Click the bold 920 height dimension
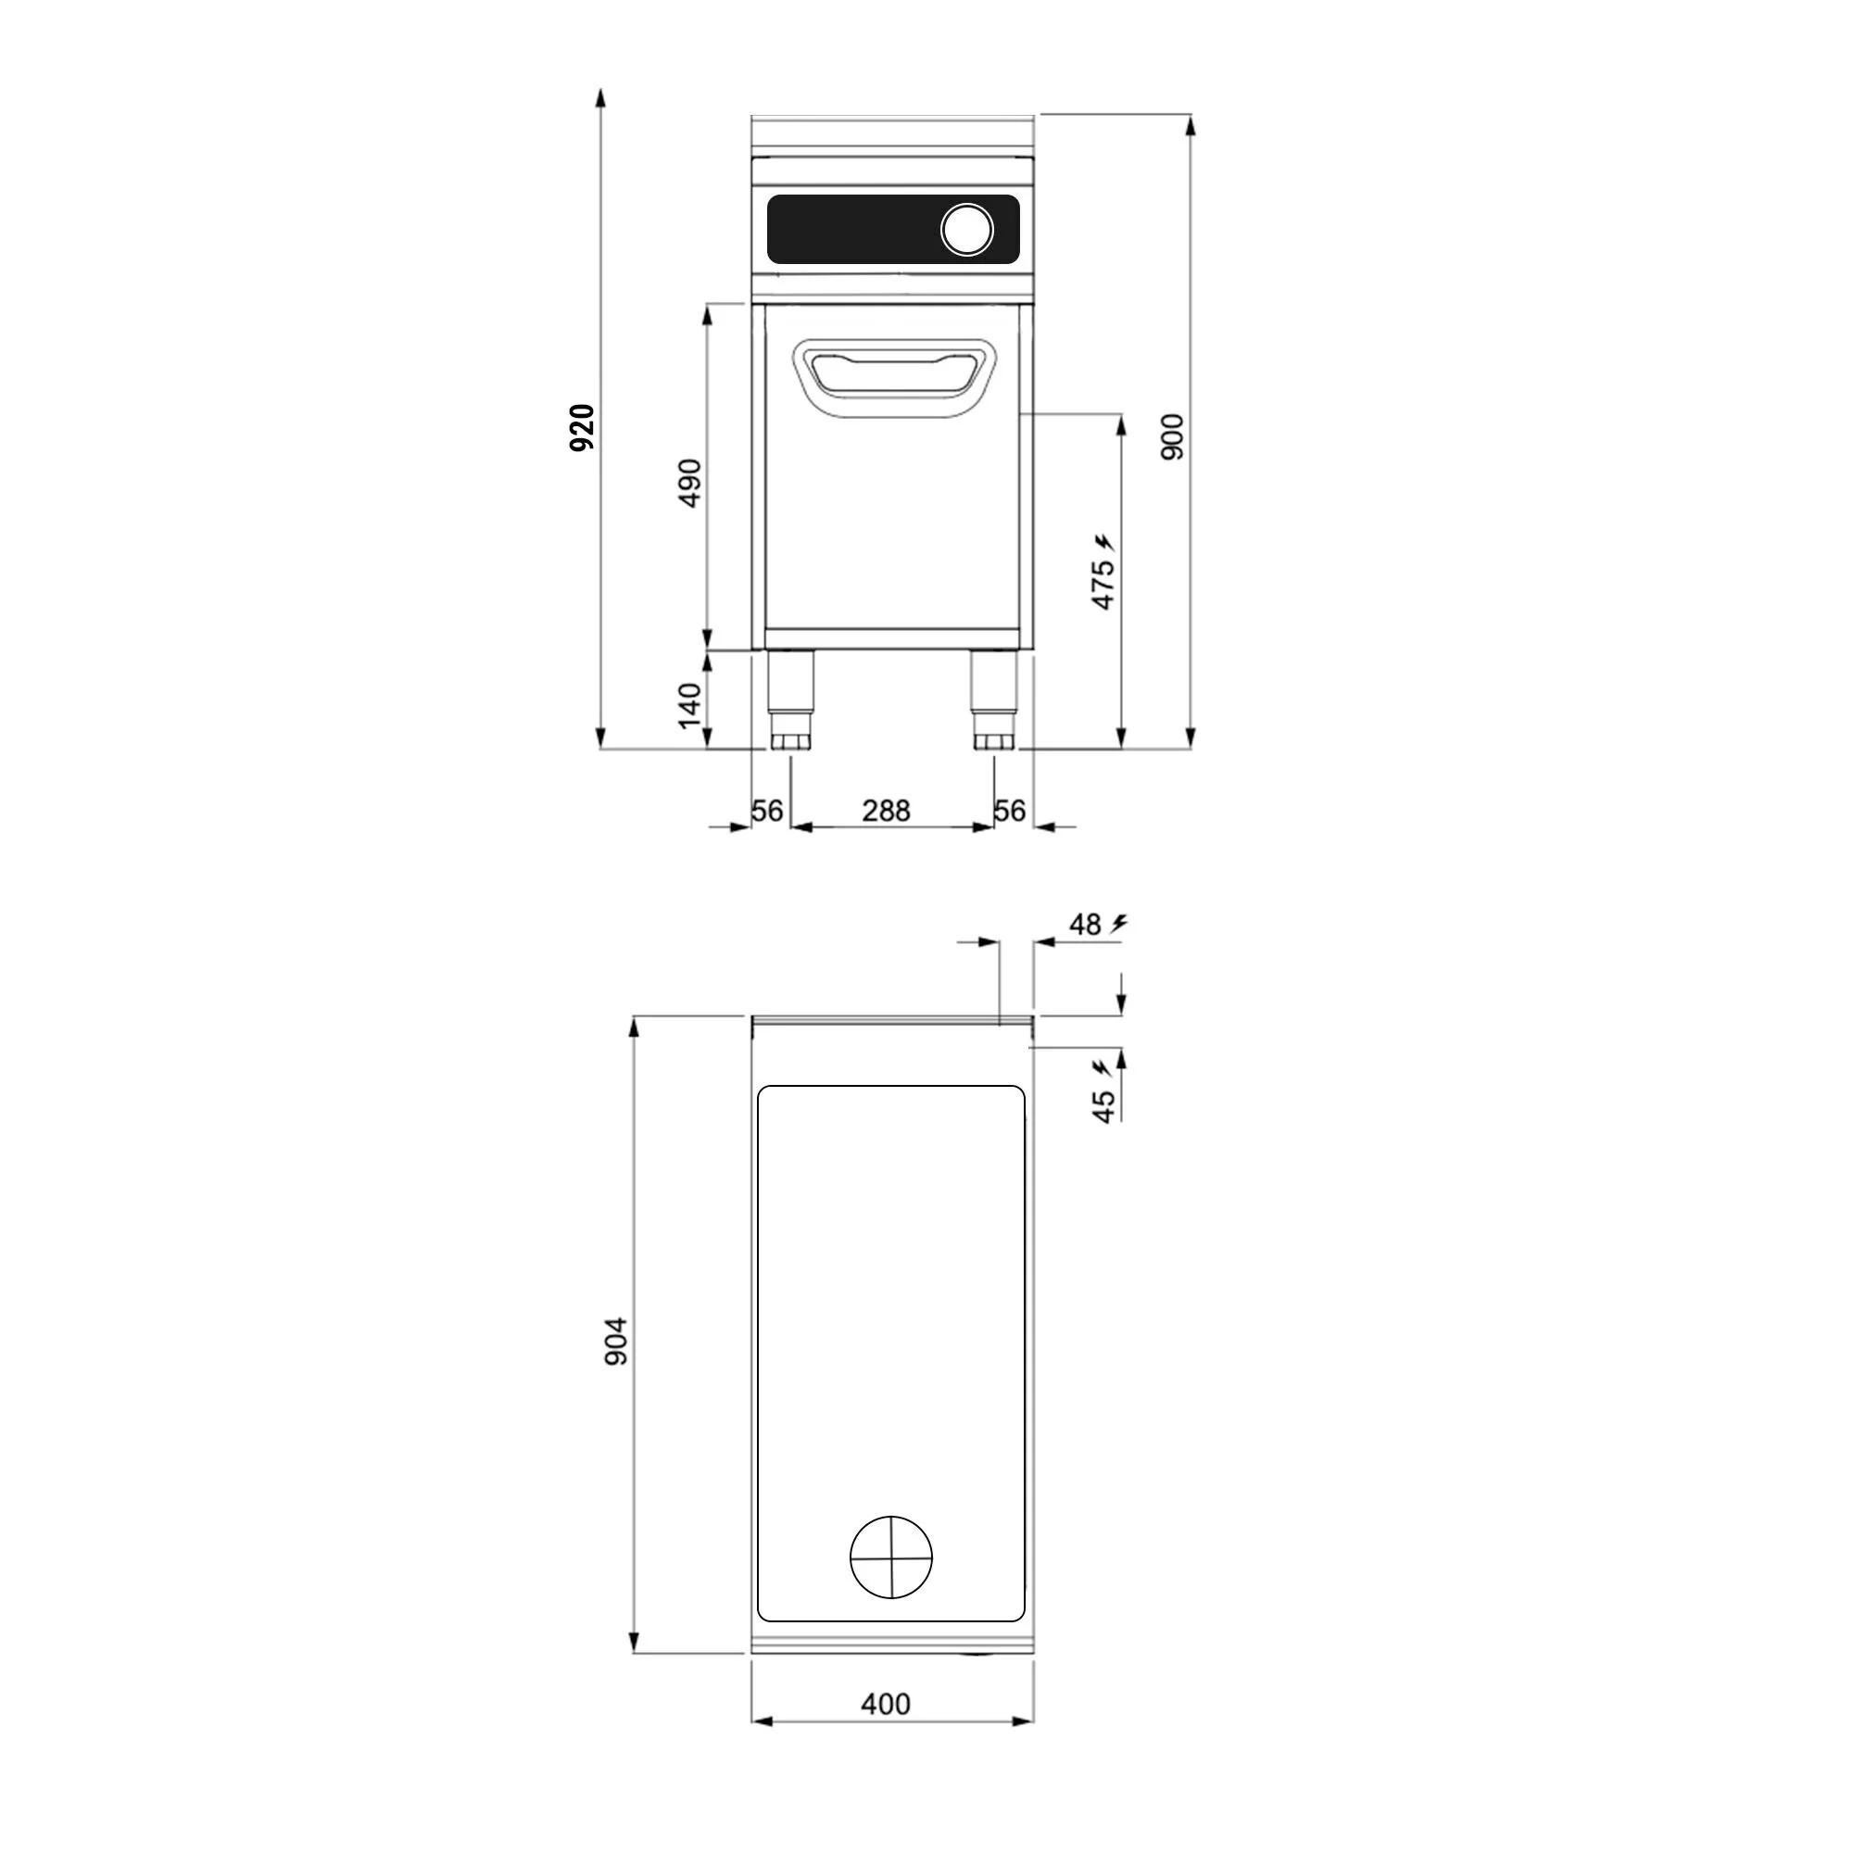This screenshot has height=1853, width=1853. click(582, 428)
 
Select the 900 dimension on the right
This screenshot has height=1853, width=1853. click(1172, 437)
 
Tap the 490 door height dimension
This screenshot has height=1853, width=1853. click(689, 484)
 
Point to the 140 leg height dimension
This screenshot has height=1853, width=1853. click(689, 705)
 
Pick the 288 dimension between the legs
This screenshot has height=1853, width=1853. click(885, 812)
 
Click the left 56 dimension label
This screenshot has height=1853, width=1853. click(767, 812)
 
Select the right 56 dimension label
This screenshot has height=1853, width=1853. click(1010, 812)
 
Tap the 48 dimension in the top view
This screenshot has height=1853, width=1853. click(1085, 925)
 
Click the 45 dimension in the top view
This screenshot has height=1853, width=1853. click(1104, 1106)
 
